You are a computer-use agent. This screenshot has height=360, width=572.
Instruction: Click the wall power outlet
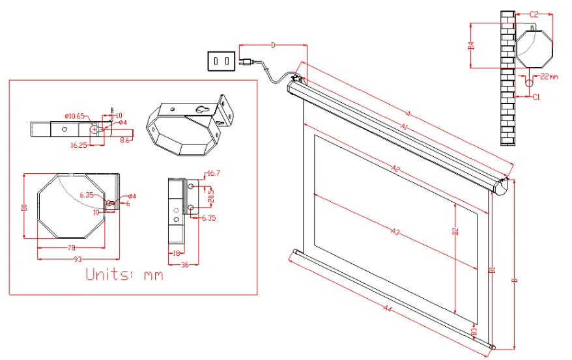220,61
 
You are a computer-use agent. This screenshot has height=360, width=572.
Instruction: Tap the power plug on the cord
246,62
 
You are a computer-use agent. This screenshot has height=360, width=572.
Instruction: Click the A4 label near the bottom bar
388,308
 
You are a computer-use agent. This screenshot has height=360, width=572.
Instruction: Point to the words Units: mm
124,275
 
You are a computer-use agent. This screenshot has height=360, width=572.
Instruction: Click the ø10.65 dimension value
75,116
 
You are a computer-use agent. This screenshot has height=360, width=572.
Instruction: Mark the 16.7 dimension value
214,174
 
